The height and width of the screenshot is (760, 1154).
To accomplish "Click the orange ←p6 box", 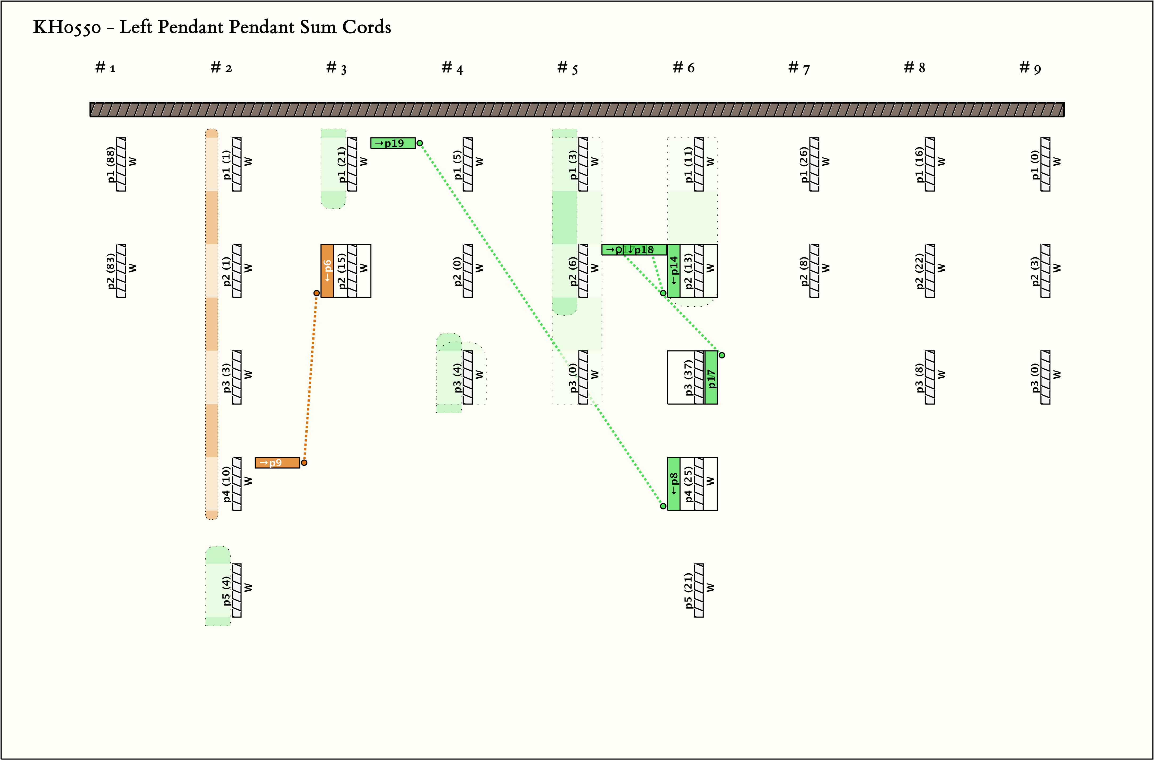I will pos(327,271).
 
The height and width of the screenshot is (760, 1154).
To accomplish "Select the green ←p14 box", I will pos(674,271).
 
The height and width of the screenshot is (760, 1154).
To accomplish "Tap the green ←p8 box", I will pos(674,484).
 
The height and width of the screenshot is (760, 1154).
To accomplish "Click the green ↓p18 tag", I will pos(644,250).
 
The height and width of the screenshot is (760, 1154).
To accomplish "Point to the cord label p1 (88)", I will pos(111,165).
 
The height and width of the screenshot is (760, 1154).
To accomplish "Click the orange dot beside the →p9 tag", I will pos(304,462).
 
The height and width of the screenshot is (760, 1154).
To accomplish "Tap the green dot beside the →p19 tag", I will pos(420,143).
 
